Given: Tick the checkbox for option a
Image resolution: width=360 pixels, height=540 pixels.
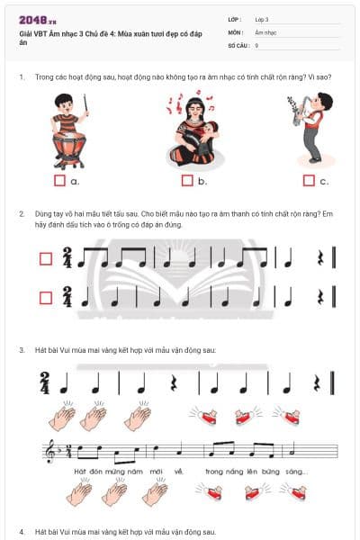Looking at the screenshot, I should pos(59,181).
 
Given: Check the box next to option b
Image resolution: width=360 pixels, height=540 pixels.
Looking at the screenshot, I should pos(186,181).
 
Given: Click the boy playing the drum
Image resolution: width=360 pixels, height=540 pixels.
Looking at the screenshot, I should pos(69,130).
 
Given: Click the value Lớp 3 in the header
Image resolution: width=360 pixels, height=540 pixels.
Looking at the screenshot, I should pos(262,18).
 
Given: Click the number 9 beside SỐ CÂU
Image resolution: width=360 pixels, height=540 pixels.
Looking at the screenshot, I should pos(257,45).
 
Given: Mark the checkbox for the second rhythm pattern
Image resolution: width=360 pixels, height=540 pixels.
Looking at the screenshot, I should pos(45,296).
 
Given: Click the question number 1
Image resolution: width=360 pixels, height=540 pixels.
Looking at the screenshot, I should pos(21,77).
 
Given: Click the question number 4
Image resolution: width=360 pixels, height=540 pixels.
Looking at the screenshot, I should pos(21,532).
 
